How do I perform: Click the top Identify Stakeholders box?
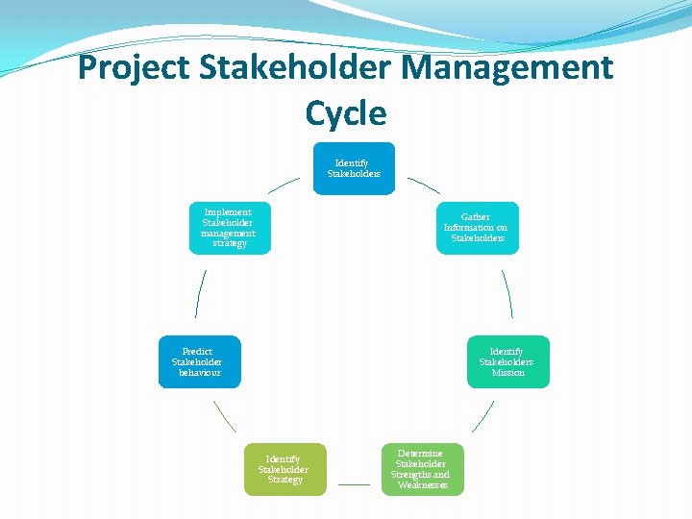[354, 168]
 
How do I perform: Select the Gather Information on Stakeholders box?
[477, 228]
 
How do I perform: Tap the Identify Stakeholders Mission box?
[507, 361]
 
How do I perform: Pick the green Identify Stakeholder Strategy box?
[284, 469]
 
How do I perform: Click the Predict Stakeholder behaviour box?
[199, 361]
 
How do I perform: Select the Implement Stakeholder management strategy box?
[230, 228]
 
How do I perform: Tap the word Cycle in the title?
[346, 113]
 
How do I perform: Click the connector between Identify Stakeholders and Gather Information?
[424, 185]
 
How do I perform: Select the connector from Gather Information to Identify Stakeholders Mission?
[507, 293]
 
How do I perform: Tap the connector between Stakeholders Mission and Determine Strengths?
[482, 416]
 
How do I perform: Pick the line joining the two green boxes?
[354, 484]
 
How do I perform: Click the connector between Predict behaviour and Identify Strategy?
[224, 416]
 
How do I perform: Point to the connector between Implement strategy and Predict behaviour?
[200, 293]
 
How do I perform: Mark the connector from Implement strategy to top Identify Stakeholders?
[284, 185]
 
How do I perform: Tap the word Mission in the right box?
[507, 372]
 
